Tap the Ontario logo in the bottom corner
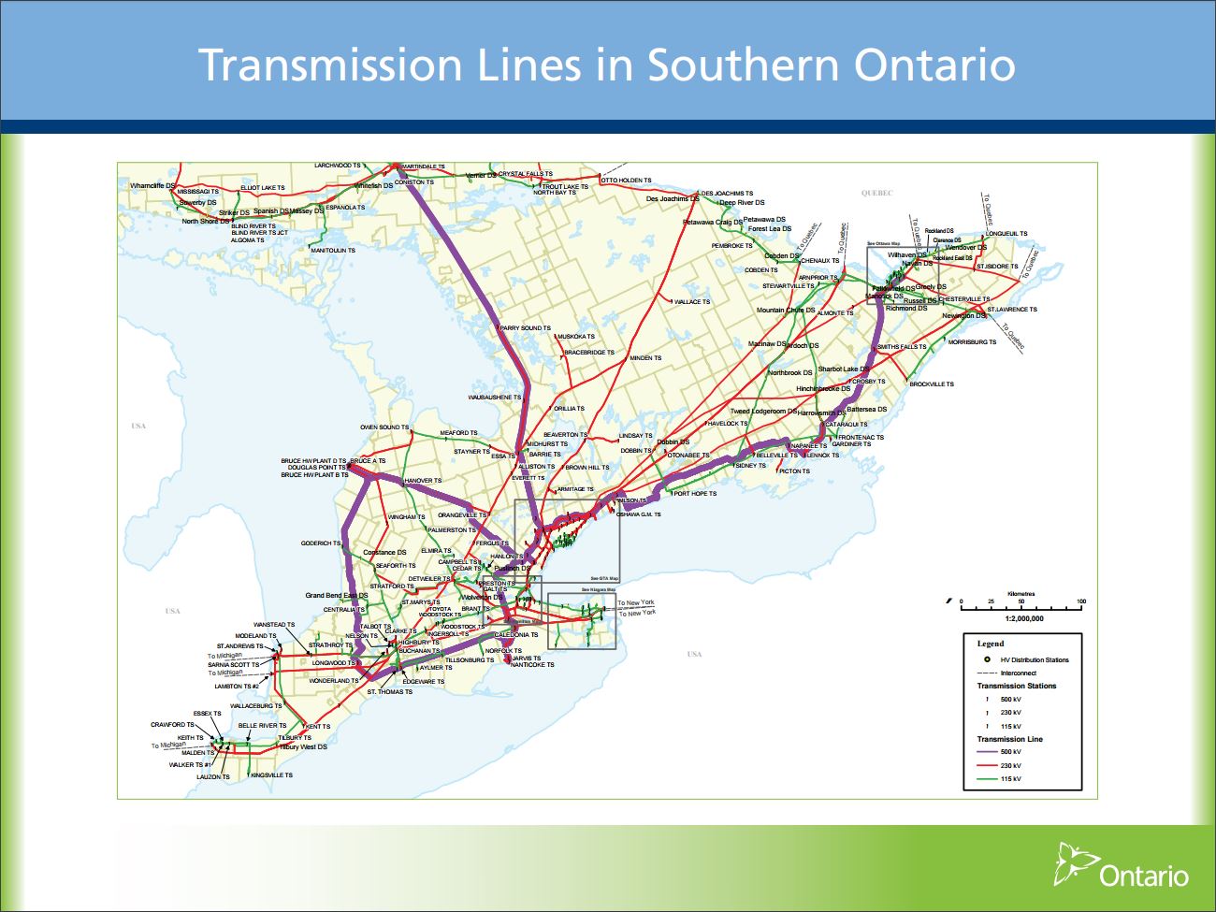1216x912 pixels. pyautogui.click(x=1122, y=866)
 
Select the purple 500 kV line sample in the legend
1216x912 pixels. pyautogui.click(x=986, y=752)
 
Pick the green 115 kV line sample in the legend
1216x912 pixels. pyautogui.click(x=986, y=779)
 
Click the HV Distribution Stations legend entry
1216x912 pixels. pyautogui.click(x=1034, y=660)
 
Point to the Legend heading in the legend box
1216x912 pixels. pyautogui.click(x=990, y=644)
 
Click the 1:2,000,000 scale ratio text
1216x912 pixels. pyautogui.click(x=1024, y=618)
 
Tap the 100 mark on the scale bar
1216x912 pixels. pyautogui.click(x=1080, y=601)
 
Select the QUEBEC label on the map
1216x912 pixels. pyautogui.click(x=876, y=194)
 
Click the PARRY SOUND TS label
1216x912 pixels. pyautogui.click(x=526, y=328)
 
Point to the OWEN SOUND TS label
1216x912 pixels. pyautogui.click(x=384, y=427)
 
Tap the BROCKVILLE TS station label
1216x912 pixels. pyautogui.click(x=932, y=384)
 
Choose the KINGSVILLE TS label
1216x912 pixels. pyautogui.click(x=271, y=775)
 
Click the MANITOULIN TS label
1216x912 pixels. pyautogui.click(x=333, y=251)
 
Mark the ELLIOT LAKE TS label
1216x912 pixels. pyautogui.click(x=263, y=188)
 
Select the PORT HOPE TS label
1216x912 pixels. pyautogui.click(x=695, y=494)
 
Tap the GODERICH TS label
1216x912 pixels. pyautogui.click(x=321, y=543)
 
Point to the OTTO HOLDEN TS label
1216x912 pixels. pyautogui.click(x=626, y=181)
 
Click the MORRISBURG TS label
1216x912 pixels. pyautogui.click(x=972, y=342)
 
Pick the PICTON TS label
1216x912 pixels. pyautogui.click(x=794, y=471)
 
